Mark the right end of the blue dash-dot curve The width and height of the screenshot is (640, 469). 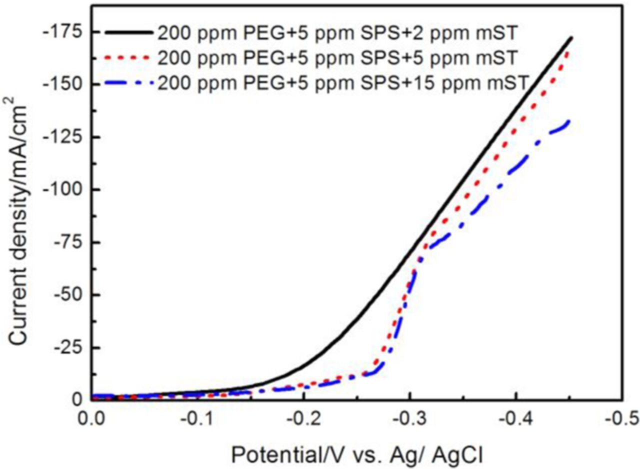[569, 121]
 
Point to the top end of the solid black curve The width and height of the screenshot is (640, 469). [571, 37]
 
